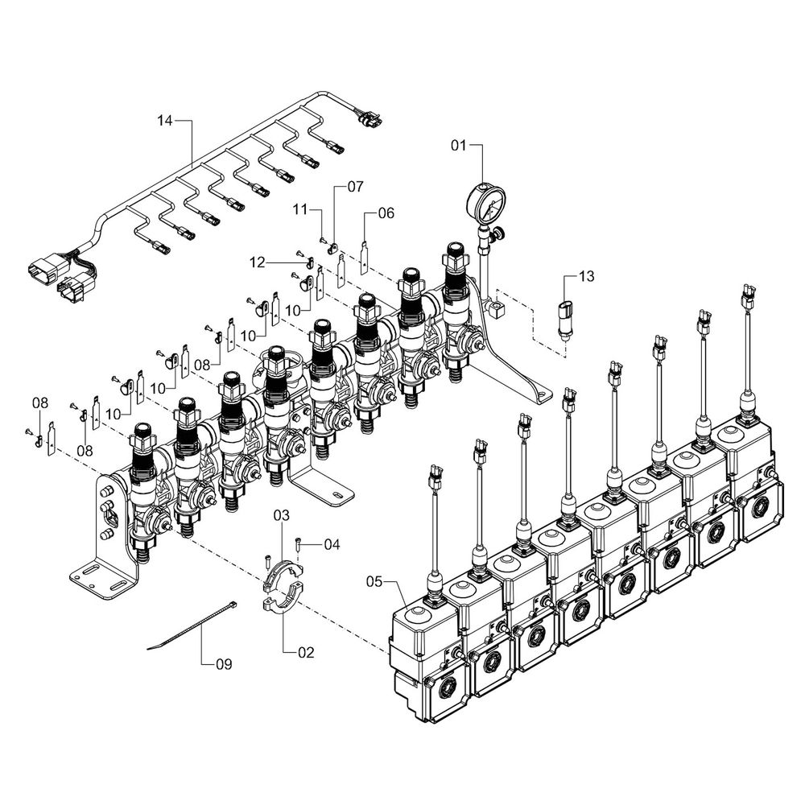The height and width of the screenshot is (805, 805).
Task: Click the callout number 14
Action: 164,121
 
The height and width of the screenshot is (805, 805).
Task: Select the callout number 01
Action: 458,146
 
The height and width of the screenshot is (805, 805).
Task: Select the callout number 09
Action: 223,664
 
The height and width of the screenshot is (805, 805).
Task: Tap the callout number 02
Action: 306,653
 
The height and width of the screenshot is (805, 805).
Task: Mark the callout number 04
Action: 332,545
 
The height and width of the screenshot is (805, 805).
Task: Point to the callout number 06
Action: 386,213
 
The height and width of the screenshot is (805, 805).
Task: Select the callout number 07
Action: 355,186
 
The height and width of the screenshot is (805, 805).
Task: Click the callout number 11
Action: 300,209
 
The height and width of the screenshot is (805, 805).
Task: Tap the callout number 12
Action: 257,262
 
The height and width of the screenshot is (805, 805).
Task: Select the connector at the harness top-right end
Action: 369,120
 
